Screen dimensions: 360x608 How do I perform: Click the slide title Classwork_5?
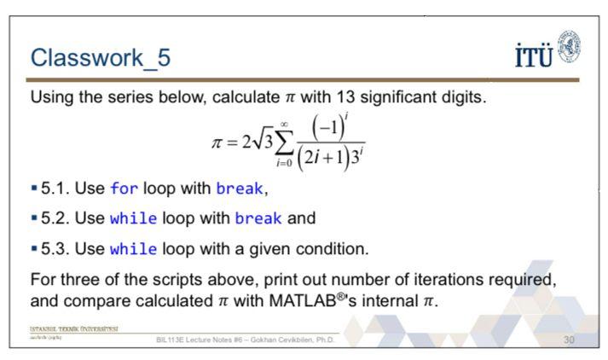pyautogui.click(x=100, y=58)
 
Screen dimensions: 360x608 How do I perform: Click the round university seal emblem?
pyautogui.click(x=568, y=46)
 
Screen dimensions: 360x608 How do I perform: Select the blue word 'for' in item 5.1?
pyautogui.click(x=124, y=189)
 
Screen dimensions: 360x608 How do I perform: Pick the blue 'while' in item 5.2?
pyautogui.click(x=133, y=218)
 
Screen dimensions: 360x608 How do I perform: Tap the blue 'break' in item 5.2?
pyautogui.click(x=258, y=218)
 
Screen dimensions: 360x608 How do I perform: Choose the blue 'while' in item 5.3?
pyautogui.click(x=133, y=249)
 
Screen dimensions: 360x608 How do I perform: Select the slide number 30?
pyautogui.click(x=570, y=340)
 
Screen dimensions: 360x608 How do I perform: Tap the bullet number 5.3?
pyautogui.click(x=56, y=249)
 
